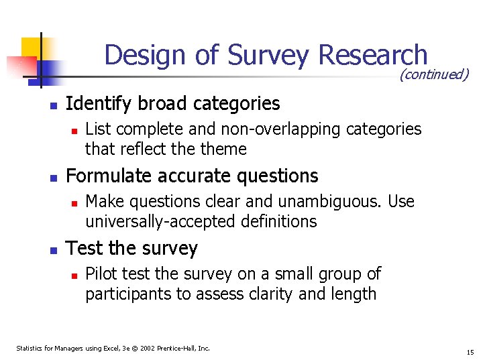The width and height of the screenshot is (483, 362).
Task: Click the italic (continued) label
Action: coord(433,74)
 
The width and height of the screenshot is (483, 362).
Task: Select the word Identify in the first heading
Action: coord(97,104)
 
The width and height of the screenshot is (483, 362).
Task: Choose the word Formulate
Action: coord(103,176)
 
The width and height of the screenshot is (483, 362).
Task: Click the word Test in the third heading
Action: coord(84,249)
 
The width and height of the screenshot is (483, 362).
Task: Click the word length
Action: coord(355,294)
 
